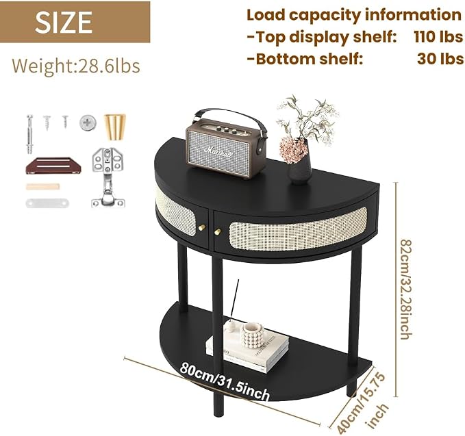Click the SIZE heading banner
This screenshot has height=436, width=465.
[75, 22]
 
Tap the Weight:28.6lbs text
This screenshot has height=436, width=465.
[76, 66]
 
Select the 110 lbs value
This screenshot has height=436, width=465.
[438, 37]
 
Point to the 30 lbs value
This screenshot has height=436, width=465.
[440, 59]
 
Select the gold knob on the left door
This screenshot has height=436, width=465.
[202, 227]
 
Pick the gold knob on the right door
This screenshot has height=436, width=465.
[218, 231]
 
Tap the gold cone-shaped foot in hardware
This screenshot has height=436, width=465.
[115, 127]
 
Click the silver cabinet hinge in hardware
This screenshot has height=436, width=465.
[108, 177]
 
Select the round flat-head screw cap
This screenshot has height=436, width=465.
[88, 122]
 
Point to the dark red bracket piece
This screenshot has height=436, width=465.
[53, 166]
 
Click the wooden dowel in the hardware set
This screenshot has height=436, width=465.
[42, 187]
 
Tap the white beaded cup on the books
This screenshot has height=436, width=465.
[253, 335]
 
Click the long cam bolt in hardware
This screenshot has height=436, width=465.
[29, 134]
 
